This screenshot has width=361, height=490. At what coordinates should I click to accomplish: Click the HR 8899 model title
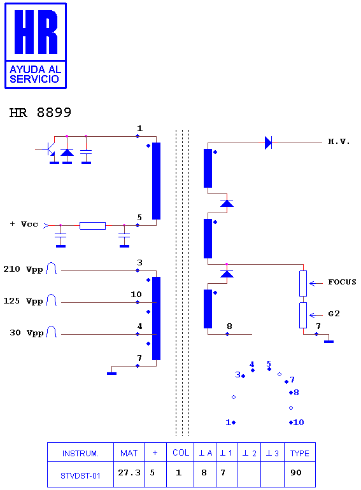(x=40, y=113)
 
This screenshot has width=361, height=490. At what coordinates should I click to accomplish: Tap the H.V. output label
(x=339, y=141)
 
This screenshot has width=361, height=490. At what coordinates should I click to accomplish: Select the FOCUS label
(x=343, y=282)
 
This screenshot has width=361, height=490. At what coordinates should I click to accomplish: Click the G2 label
(x=334, y=314)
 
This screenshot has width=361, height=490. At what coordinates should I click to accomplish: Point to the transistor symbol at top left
(x=49, y=150)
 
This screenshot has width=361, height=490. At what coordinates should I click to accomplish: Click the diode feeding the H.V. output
(x=268, y=143)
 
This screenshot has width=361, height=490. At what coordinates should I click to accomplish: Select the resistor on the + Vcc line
(x=92, y=226)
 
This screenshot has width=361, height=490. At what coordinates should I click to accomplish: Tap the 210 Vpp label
(x=23, y=269)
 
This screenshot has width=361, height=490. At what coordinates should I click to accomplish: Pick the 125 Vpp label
(x=23, y=301)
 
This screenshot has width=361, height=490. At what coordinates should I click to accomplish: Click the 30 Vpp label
(x=27, y=333)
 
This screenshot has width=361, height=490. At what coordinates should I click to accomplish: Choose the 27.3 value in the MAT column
(x=129, y=472)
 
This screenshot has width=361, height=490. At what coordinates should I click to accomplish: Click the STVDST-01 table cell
(x=80, y=476)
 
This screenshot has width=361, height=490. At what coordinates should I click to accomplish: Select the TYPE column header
(x=299, y=454)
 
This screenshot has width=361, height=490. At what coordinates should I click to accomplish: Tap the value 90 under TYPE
(x=295, y=472)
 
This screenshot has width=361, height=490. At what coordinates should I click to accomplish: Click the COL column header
(x=181, y=453)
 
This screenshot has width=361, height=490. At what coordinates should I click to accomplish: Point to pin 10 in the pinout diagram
(x=297, y=423)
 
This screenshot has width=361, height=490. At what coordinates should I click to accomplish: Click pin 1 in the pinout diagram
(x=230, y=423)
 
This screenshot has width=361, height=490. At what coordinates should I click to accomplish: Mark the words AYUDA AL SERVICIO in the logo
(x=35, y=74)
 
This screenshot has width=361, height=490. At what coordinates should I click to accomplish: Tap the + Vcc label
(x=24, y=224)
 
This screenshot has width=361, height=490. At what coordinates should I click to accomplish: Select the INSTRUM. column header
(x=80, y=454)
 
